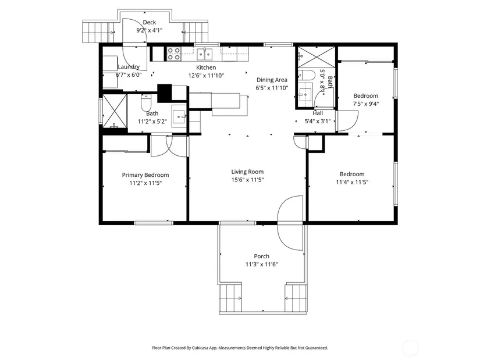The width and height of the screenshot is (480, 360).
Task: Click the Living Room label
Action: (247, 172)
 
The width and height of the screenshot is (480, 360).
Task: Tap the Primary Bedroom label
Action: (145, 175)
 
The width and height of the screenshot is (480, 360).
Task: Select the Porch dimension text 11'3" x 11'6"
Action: (262, 264)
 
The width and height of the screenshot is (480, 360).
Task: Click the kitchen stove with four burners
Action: (173, 54)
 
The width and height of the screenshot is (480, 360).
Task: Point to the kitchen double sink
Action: (204, 55)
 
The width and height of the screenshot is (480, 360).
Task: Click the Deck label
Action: (150, 22)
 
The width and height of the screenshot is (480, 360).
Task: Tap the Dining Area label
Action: (272, 80)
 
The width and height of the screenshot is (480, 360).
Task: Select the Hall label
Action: (318, 113)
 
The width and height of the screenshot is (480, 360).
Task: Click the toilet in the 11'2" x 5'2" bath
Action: (146, 102)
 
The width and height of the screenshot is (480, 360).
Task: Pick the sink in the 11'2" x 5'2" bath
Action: (179, 116)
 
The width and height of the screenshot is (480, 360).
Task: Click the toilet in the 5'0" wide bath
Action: (307, 75)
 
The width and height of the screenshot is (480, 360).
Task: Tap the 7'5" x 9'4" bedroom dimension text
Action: (366, 104)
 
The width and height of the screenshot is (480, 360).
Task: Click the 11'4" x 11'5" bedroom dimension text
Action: (352, 182)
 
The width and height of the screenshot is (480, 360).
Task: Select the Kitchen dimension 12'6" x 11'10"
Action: (206, 75)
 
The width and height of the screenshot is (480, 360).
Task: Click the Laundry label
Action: (129, 67)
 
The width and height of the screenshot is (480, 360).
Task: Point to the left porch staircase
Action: (230, 298)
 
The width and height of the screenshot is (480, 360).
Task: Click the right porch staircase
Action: (296, 298)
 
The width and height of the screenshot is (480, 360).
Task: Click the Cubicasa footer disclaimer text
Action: (240, 348)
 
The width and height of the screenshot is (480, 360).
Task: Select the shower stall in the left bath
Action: (115, 111)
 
